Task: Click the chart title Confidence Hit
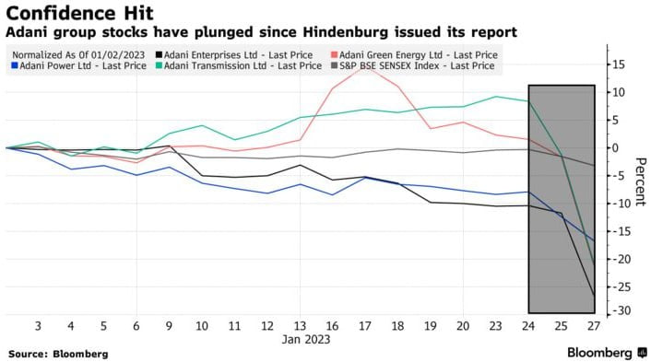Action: tap(79, 13)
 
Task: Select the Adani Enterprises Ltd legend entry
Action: tap(234, 55)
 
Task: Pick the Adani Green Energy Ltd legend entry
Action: tap(414, 55)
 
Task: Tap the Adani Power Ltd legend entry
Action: tap(79, 66)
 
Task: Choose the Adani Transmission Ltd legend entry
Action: tap(239, 66)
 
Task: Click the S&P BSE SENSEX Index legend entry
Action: tap(413, 66)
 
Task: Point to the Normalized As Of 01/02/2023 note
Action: tap(78, 55)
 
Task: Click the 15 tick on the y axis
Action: tap(618, 64)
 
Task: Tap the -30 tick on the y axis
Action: tap(619, 310)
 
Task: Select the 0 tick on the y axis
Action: tap(616, 148)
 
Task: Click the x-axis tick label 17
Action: tap(365, 326)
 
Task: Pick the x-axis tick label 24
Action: tap(528, 326)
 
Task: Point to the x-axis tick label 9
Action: tap(169, 326)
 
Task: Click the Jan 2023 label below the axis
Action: tap(306, 340)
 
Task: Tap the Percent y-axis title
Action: tap(640, 181)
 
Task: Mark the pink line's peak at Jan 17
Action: tap(365, 66)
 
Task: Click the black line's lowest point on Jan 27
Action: tap(594, 295)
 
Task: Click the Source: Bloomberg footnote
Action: tap(58, 354)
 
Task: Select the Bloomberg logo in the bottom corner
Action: tap(606, 353)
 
